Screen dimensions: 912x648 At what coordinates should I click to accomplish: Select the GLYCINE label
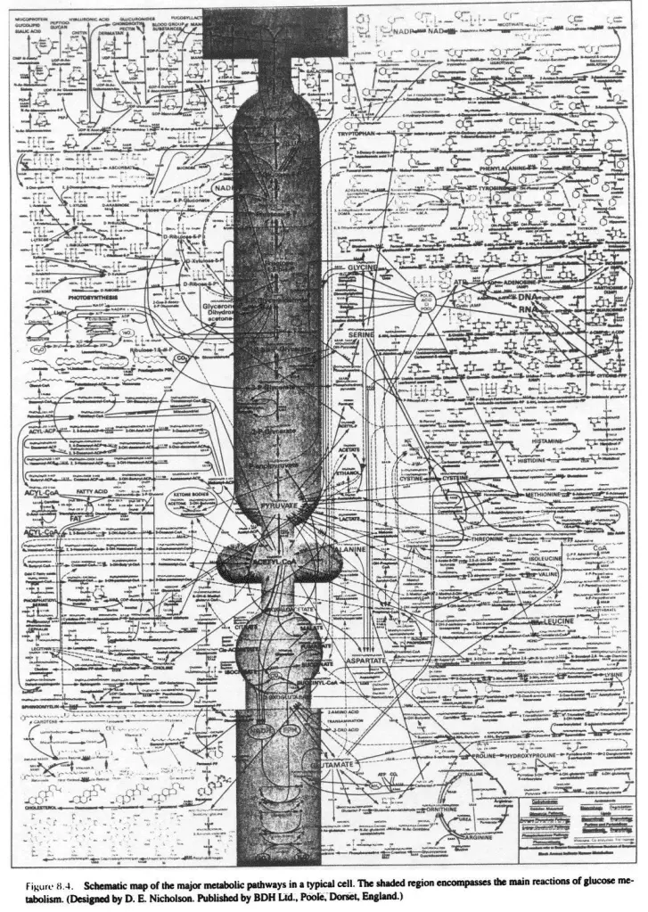[363, 268]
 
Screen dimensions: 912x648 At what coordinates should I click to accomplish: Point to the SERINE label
[360, 333]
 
